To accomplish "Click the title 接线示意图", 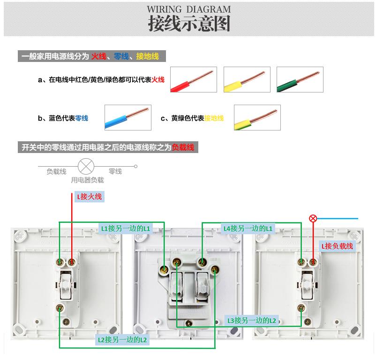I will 189,23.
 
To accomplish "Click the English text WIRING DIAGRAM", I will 189,9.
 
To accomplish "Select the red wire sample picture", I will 193,79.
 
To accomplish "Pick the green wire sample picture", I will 300,79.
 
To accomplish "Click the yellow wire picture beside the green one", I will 247,79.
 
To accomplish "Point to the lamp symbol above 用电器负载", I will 86,166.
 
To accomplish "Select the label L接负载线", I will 338,245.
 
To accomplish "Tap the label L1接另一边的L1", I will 126,229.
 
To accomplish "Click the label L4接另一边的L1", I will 248,229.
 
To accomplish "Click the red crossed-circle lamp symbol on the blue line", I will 313,218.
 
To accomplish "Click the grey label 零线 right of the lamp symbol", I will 115,171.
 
